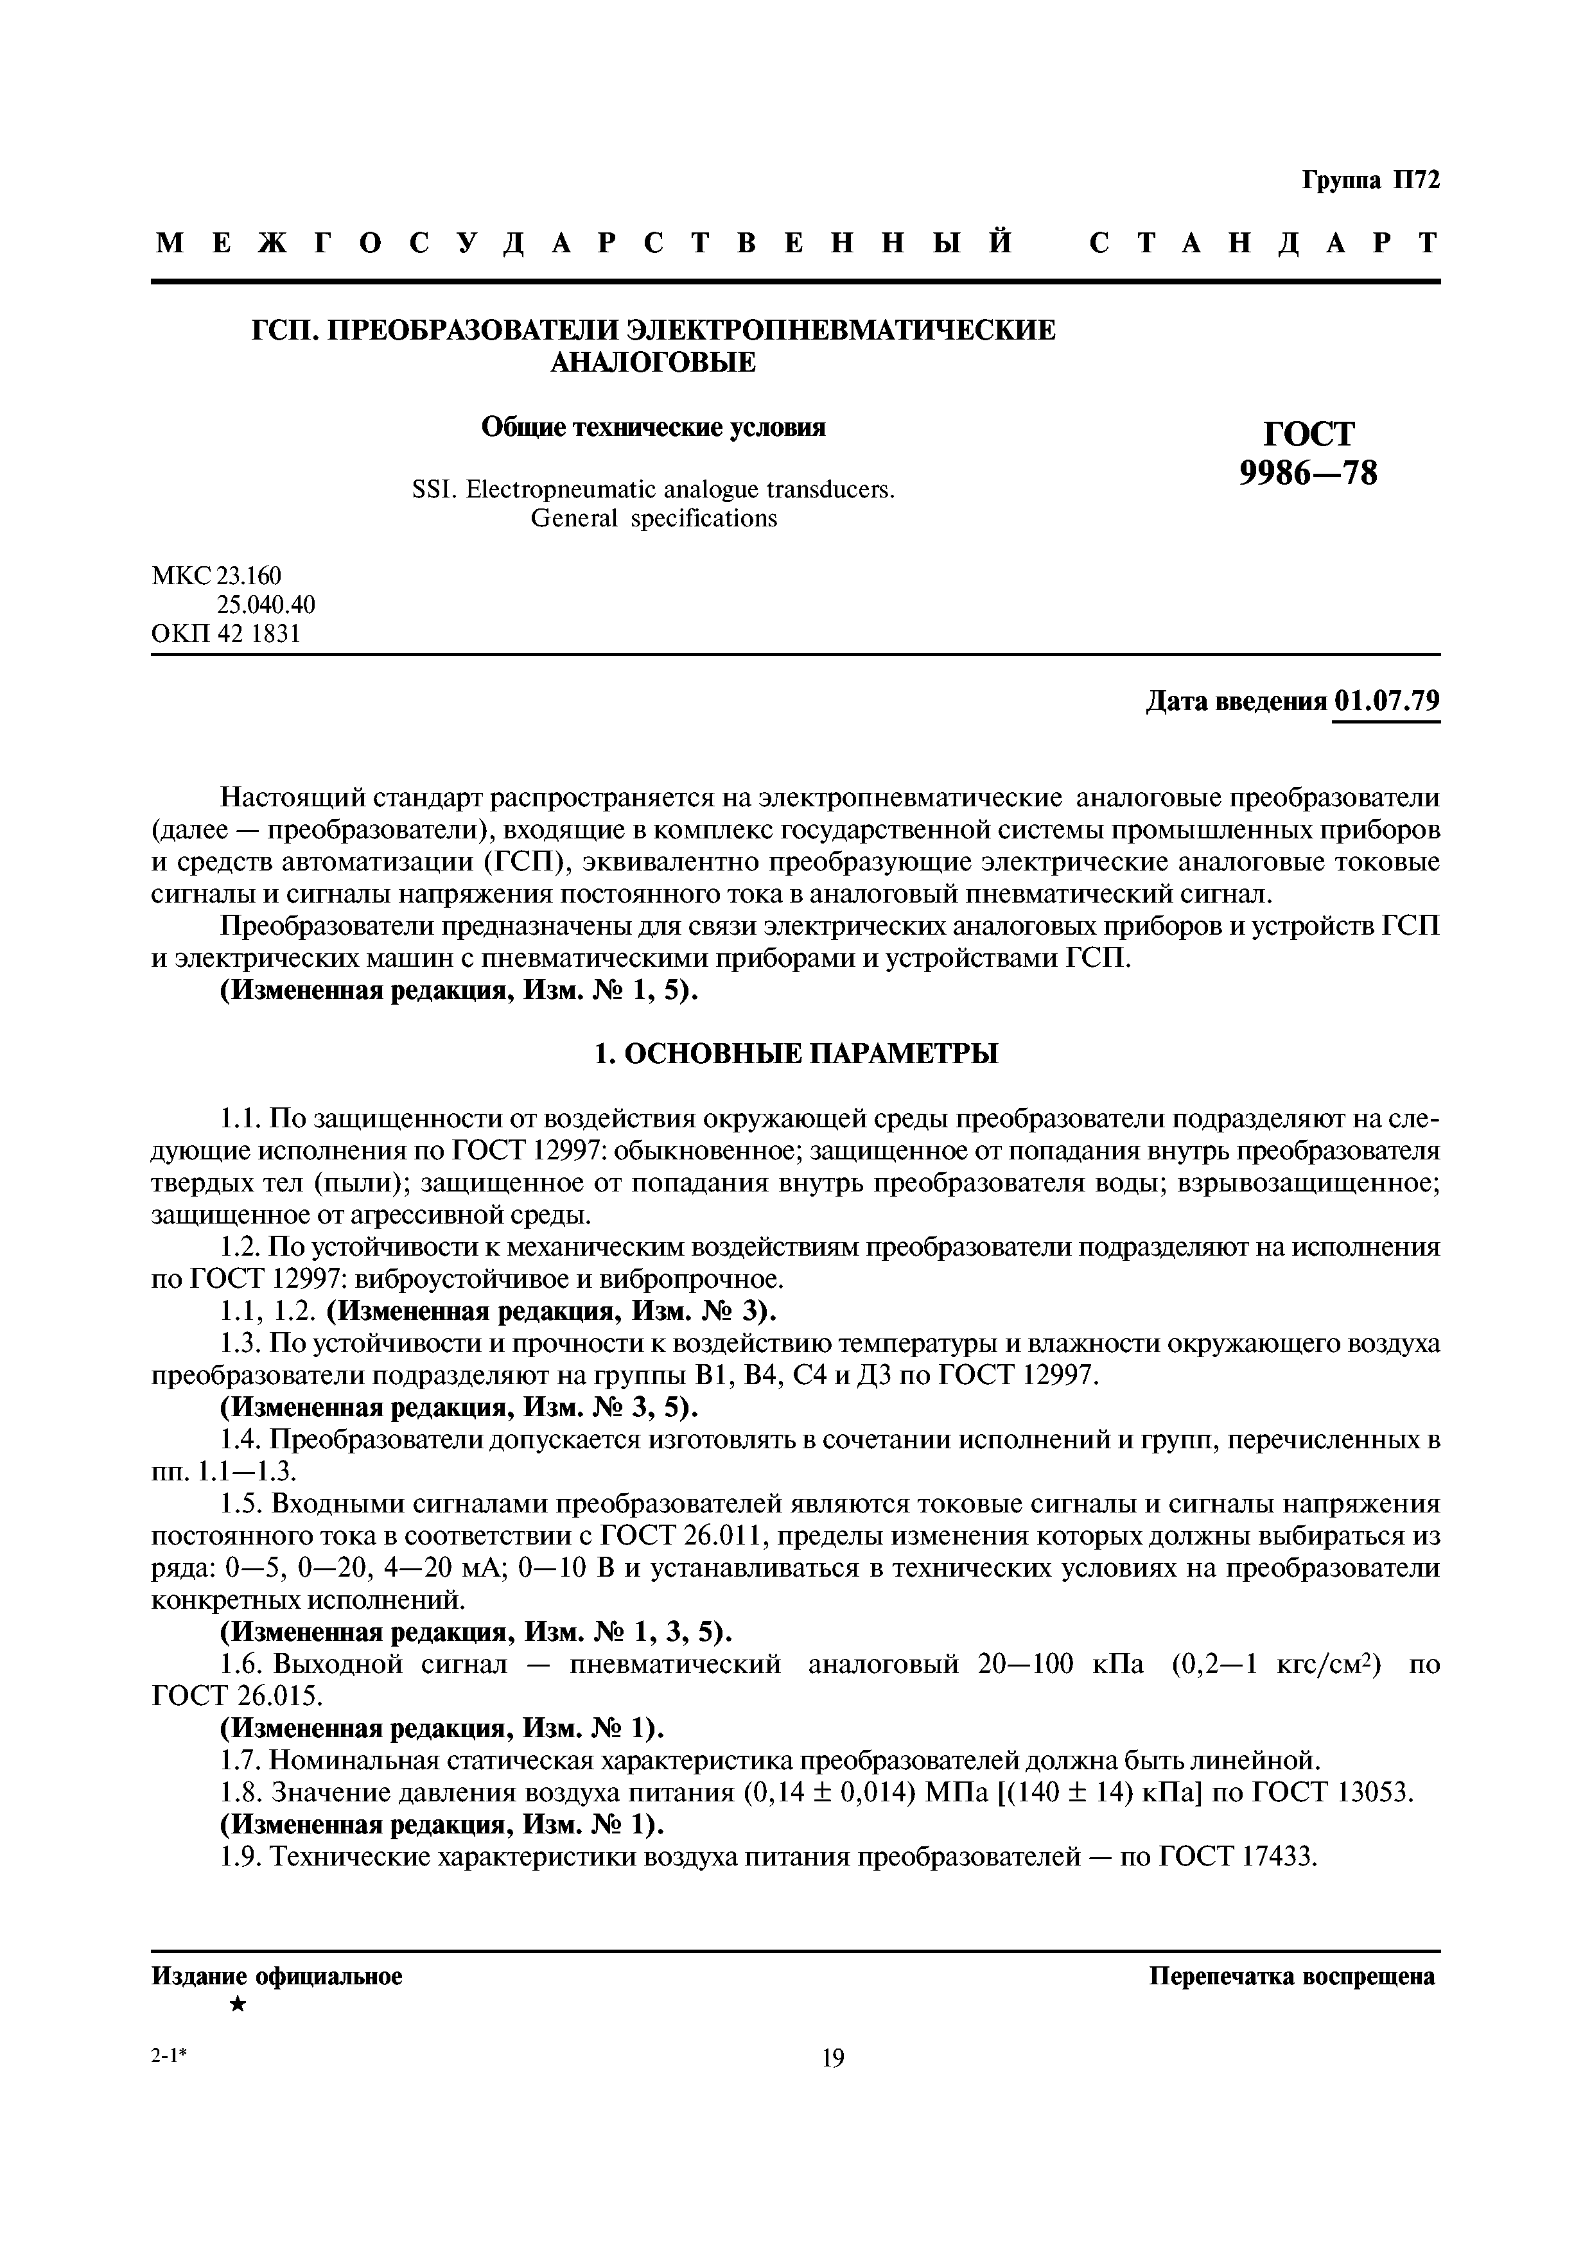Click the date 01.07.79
pyautogui.click(x=1387, y=702)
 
